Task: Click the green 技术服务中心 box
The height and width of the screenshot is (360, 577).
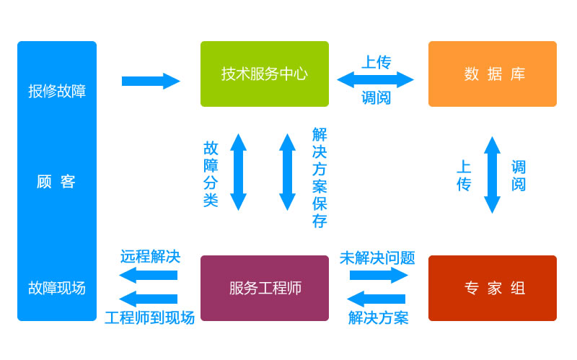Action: [264, 74]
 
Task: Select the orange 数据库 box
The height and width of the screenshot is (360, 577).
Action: [492, 74]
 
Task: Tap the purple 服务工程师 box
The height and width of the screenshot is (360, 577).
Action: [264, 288]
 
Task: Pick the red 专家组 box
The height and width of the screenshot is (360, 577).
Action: [492, 288]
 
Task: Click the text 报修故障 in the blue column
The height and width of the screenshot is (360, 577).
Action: [57, 91]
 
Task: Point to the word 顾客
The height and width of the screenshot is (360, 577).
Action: [56, 182]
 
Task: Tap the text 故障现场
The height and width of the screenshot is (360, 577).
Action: [57, 288]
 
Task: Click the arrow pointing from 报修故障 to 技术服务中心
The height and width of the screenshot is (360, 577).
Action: [150, 81]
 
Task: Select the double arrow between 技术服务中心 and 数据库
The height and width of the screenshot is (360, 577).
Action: [375, 79]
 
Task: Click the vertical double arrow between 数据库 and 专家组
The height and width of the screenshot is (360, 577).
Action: [492, 175]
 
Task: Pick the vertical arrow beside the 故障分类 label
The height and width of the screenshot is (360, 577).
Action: [238, 172]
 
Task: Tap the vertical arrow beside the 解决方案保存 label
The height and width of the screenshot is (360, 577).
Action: [287, 172]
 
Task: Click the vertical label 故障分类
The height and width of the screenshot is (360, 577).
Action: [211, 174]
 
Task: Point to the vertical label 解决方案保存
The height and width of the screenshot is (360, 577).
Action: [320, 177]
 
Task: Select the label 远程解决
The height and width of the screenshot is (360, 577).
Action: [150, 256]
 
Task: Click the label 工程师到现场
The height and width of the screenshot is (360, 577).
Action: [149, 317]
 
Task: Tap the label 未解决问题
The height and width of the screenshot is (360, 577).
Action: [377, 258]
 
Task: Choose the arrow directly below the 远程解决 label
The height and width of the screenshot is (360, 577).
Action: [148, 275]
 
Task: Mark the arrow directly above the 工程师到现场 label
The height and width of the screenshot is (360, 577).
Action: [148, 299]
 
